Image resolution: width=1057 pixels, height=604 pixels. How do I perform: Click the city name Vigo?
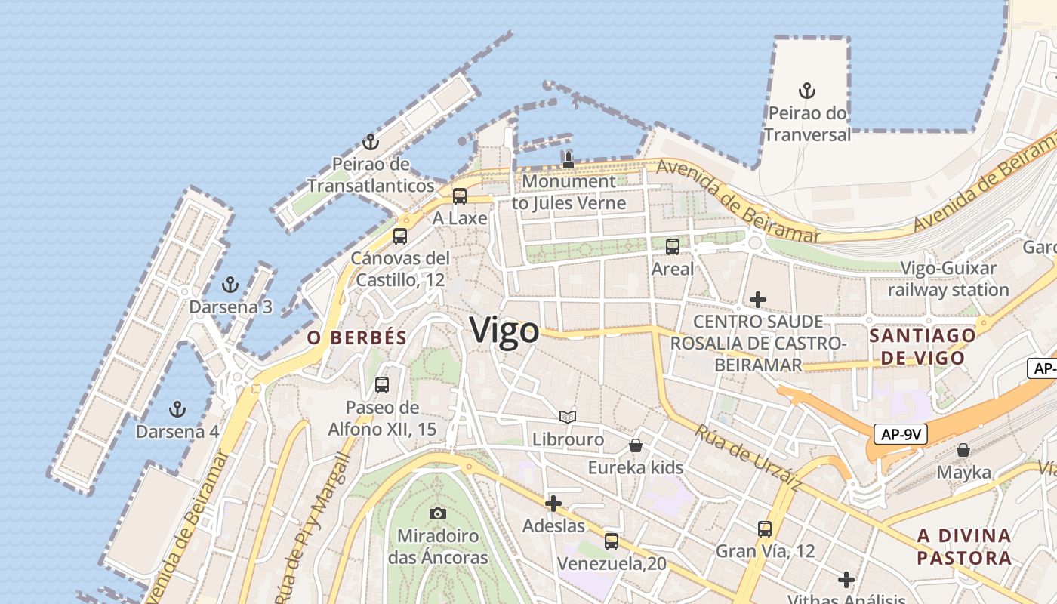tap(504, 331)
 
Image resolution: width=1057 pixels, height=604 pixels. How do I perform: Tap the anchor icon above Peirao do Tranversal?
tap(807, 91)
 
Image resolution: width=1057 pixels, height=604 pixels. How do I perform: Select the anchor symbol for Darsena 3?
tap(230, 285)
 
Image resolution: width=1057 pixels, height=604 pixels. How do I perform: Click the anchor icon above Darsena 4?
tap(177, 409)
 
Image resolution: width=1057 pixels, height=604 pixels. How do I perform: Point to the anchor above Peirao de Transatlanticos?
tap(370, 141)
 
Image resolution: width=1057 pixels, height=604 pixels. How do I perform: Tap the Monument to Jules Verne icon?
tap(568, 159)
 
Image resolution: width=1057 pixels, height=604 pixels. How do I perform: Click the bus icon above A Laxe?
tap(459, 196)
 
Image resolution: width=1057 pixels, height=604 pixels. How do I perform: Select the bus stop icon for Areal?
tap(672, 246)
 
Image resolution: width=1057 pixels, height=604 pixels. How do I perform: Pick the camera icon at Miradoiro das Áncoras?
tap(437, 514)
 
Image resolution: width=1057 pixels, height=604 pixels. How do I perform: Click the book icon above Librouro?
tap(568, 417)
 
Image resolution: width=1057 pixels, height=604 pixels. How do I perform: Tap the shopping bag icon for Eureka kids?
tap(636, 445)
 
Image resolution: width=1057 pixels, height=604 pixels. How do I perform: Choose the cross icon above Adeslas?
tap(553, 503)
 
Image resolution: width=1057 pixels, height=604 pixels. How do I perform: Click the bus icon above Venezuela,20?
tap(611, 541)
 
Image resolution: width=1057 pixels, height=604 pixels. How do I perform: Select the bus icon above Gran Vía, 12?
tap(765, 528)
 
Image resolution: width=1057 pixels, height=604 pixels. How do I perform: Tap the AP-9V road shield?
tap(901, 434)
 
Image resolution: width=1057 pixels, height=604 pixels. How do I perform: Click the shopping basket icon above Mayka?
tap(963, 450)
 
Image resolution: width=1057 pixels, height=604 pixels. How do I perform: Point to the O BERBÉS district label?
tap(357, 337)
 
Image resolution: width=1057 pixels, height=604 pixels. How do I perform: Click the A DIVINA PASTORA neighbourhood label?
tap(964, 547)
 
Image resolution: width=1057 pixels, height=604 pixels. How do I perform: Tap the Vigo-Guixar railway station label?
tap(948, 279)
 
